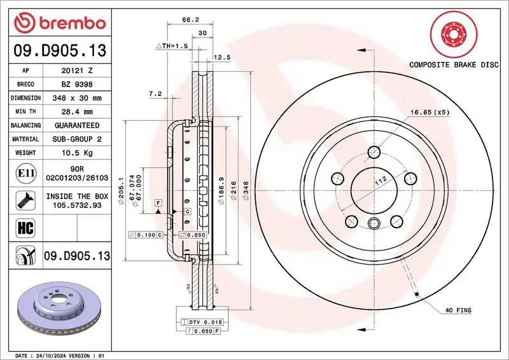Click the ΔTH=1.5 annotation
coord(172,46)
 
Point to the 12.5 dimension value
coord(221,57)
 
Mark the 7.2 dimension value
coord(155,93)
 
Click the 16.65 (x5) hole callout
coord(429,111)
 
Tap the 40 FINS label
coord(457,310)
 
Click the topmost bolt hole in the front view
coord(375,151)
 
